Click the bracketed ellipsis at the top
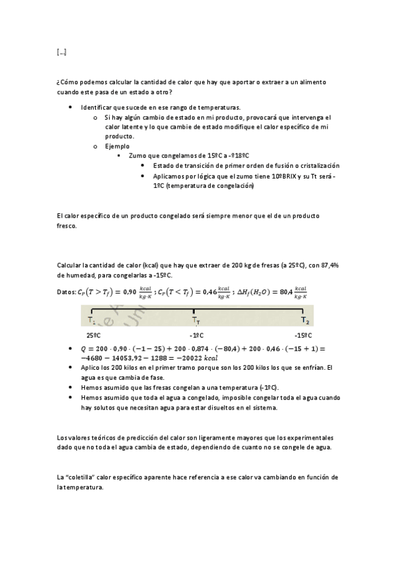(62, 52)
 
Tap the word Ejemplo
(117, 145)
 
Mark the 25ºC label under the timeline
(93, 335)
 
